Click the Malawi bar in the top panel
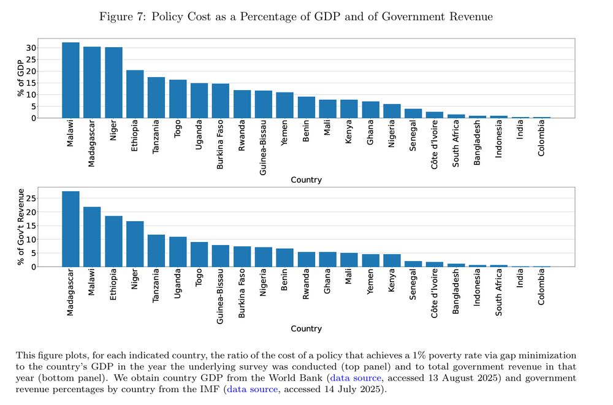coord(70,80)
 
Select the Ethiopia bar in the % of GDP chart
coord(135,94)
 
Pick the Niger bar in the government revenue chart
coord(135,244)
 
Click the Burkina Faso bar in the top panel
coord(221,100)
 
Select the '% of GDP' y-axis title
coord(20,78)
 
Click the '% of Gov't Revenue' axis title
coord(20,227)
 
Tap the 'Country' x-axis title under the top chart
coord(306,180)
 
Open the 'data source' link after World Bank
coord(356,378)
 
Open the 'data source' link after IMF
coord(253,389)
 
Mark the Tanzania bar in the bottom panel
coord(156,251)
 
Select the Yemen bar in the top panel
coord(284,105)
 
